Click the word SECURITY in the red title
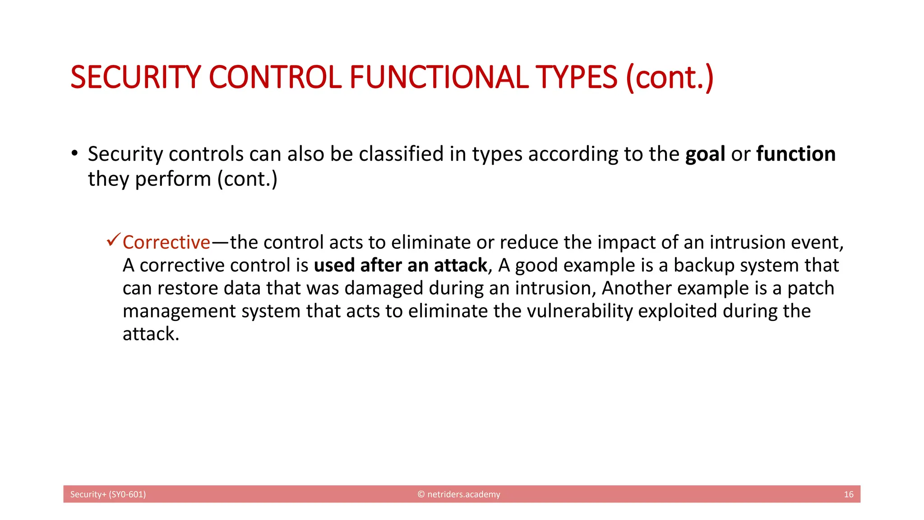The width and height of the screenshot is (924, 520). pos(135,77)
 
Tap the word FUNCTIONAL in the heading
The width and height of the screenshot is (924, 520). pos(439,77)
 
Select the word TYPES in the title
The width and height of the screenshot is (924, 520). pos(576,77)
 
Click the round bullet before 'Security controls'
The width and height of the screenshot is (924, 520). pos(74,153)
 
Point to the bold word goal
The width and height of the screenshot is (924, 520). pos(705,155)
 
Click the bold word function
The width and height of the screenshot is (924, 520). pos(796,154)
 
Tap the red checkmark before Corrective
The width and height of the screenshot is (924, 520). pos(113,240)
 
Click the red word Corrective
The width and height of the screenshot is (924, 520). pos(166,242)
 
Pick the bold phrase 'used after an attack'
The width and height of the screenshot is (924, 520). pos(401,265)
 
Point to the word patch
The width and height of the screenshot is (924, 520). pos(811,288)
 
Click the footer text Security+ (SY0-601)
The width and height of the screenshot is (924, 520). pos(108,494)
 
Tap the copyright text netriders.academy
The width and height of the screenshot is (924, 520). pos(463,494)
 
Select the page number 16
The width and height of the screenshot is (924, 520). pos(848,494)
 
